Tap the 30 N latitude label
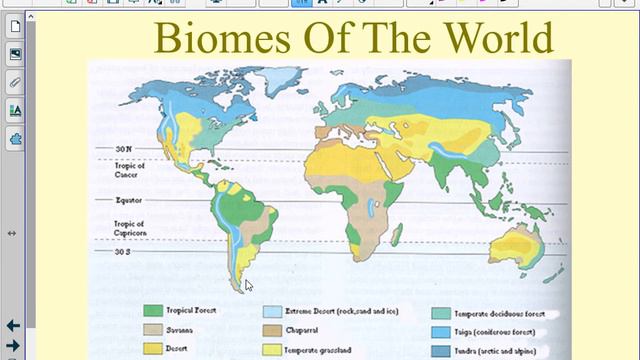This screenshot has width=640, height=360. tap(124, 150)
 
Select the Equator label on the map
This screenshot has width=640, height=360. tap(131, 200)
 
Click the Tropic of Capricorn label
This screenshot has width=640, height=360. tap(129, 228)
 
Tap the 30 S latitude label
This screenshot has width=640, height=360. tap(124, 251)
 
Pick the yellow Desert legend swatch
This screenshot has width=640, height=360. tap(152, 349)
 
